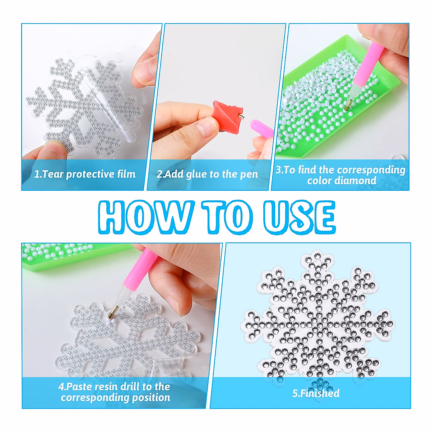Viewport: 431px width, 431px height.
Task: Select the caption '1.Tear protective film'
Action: pyautogui.click(x=85, y=174)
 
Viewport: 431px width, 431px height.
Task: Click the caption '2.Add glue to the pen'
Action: pyautogui.click(x=207, y=174)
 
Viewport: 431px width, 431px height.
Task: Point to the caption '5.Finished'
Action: pyautogui.click(x=316, y=393)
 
